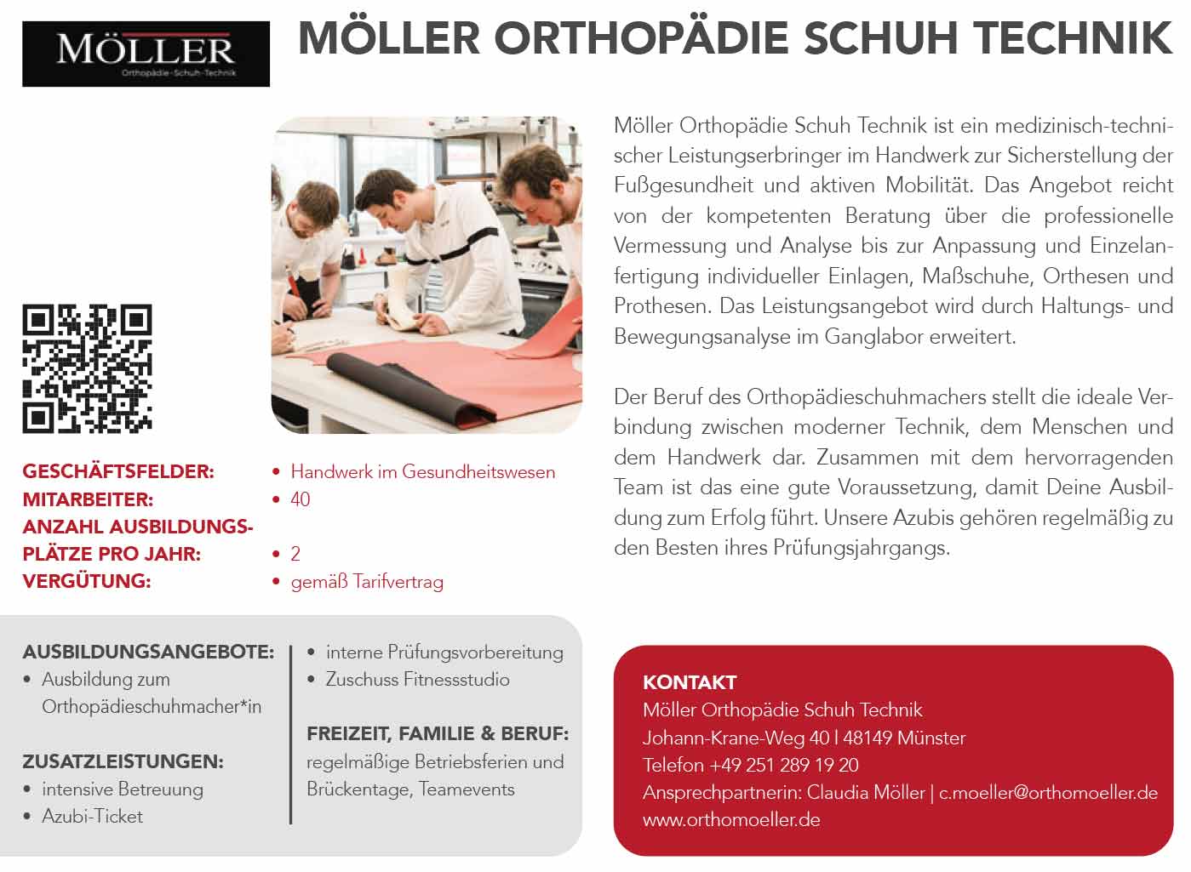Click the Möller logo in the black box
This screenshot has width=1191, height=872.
click(146, 54)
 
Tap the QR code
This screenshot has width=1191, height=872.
click(87, 368)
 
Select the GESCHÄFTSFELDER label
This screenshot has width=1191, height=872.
click(118, 471)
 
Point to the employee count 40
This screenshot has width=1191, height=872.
click(301, 499)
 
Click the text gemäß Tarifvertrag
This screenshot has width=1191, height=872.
click(367, 582)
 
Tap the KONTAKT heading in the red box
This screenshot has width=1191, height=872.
click(690, 682)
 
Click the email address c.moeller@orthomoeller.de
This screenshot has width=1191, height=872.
click(1048, 793)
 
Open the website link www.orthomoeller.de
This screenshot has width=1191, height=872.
click(731, 820)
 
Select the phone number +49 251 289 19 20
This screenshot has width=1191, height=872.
click(783, 765)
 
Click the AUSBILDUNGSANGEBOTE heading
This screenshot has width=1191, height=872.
click(148, 653)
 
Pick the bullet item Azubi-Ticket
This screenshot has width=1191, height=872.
click(92, 817)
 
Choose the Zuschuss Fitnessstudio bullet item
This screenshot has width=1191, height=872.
click(417, 680)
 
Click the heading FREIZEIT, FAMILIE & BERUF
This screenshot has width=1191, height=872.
click(438, 733)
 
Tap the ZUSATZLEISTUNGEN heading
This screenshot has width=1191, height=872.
click(123, 761)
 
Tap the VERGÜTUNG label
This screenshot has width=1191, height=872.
click(86, 581)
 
